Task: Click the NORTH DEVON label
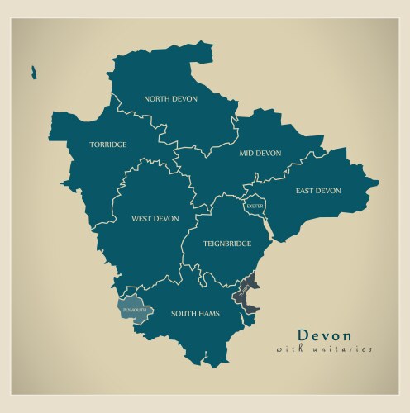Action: click(172, 99)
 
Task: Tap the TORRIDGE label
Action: click(108, 145)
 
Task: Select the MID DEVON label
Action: click(260, 153)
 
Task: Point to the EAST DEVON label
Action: click(318, 191)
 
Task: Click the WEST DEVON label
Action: click(155, 219)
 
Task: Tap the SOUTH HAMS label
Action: click(195, 314)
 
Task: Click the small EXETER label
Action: click(255, 206)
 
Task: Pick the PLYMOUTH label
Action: click(134, 310)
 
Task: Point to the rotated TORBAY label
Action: click(243, 292)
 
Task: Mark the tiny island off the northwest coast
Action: click(34, 72)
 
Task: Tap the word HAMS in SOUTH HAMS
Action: click(208, 314)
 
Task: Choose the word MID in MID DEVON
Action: click(246, 153)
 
